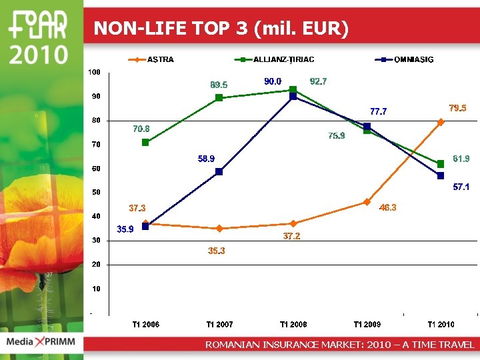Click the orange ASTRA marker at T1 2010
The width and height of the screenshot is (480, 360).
click(441, 122)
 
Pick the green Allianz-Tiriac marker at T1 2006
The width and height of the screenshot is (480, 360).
click(145, 142)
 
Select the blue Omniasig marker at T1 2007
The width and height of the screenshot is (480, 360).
click(219, 171)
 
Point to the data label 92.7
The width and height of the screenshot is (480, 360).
click(319, 81)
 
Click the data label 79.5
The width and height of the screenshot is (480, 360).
click(457, 108)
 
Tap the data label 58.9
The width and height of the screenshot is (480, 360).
click(206, 159)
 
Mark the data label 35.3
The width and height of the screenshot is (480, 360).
click(217, 251)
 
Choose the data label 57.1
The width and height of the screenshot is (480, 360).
click(461, 187)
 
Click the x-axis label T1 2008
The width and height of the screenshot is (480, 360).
click(293, 325)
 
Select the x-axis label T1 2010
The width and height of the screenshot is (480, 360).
click(441, 325)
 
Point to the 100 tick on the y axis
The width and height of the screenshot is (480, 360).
click(95, 72)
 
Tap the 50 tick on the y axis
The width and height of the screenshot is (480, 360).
click(97, 193)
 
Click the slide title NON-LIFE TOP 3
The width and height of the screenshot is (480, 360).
click(221, 28)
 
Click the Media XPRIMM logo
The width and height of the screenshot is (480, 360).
click(41, 343)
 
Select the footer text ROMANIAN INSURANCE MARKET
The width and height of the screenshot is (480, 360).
click(340, 345)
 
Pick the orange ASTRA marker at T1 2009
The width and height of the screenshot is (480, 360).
click(367, 202)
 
